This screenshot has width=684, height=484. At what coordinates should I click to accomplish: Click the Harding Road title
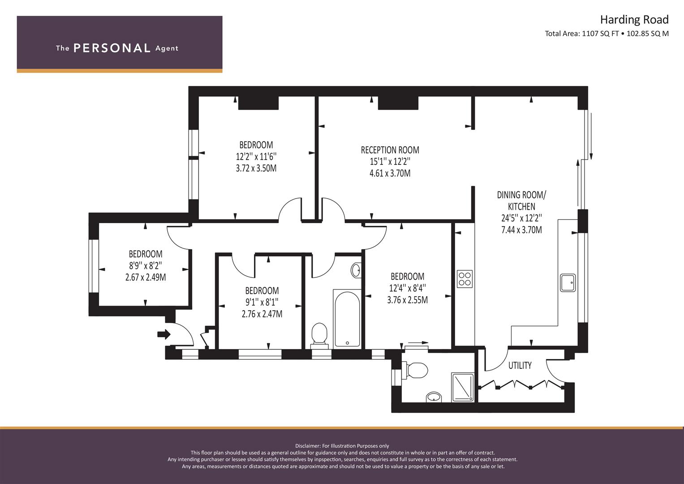click(x=634, y=20)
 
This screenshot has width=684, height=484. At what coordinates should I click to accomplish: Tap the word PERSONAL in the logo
click(x=112, y=48)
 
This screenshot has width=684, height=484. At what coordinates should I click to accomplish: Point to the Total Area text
click(x=607, y=34)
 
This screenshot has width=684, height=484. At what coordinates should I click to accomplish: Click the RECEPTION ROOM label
click(x=390, y=150)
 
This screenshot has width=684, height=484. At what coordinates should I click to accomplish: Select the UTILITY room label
click(x=520, y=365)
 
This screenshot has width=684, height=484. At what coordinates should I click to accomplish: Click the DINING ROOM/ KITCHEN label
click(x=521, y=200)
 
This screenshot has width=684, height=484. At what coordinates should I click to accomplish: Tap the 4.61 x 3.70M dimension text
click(x=390, y=173)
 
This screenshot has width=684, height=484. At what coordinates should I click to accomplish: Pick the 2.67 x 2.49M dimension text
click(x=146, y=277)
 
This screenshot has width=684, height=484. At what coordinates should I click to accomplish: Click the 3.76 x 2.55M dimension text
click(x=407, y=300)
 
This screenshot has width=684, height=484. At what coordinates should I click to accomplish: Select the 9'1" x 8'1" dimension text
click(x=262, y=302)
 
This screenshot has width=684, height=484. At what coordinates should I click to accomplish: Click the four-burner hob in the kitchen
click(x=465, y=279)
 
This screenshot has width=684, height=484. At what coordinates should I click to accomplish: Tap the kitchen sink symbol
click(x=568, y=283)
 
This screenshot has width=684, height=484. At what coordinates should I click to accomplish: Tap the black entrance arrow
click(x=163, y=334)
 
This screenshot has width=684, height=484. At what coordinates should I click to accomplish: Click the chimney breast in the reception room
click(x=398, y=103)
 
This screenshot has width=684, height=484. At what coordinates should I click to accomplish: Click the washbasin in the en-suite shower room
click(x=434, y=397)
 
